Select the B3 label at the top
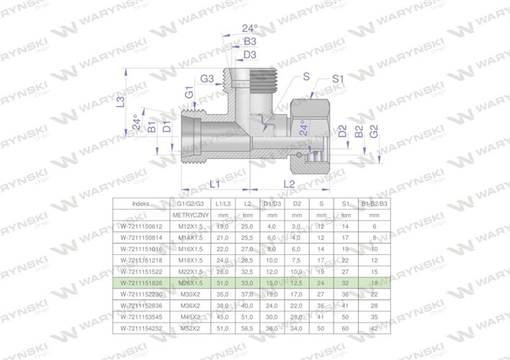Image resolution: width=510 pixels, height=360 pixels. (250, 42)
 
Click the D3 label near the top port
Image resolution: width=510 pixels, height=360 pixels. (250, 55)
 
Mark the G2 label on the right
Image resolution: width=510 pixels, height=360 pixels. (375, 132)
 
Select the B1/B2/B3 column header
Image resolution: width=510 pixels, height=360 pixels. (374, 204)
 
